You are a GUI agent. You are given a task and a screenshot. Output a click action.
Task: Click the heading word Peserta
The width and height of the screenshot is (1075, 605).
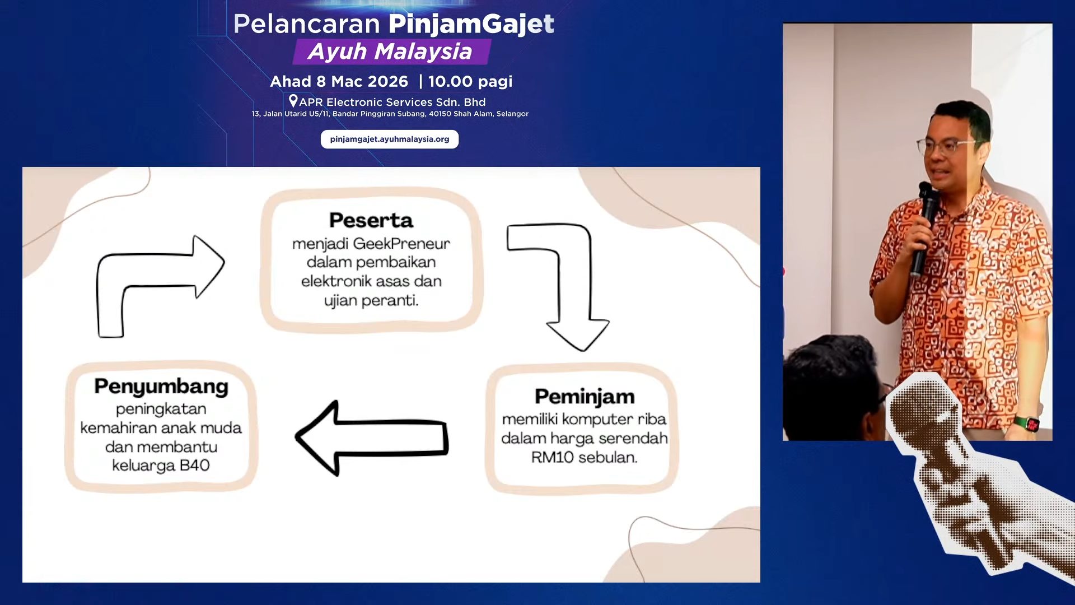pos(371,220)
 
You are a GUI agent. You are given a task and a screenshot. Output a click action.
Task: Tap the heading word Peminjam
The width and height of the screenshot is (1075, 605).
pos(585,397)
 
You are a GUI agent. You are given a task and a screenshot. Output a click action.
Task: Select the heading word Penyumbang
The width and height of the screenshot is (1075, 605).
pos(161,387)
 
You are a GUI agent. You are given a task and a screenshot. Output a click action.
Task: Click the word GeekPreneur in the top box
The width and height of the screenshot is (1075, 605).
pos(401,244)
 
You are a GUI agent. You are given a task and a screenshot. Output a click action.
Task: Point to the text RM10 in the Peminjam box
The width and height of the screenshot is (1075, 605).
pos(552,457)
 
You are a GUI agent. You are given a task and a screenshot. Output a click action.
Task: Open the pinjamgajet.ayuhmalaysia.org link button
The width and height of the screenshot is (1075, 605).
pos(390,139)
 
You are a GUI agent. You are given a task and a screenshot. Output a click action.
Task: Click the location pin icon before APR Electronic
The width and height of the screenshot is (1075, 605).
pos(293,101)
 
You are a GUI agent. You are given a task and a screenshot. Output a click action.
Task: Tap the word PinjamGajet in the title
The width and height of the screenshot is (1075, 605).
pos(471,24)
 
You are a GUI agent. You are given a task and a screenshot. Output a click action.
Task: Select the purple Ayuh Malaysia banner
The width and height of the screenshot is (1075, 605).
pos(391,52)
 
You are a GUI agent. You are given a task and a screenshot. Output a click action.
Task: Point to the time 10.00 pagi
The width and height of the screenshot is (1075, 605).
pos(470,82)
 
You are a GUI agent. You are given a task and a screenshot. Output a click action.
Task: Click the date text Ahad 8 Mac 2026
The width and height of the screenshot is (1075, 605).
pos(339,82)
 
